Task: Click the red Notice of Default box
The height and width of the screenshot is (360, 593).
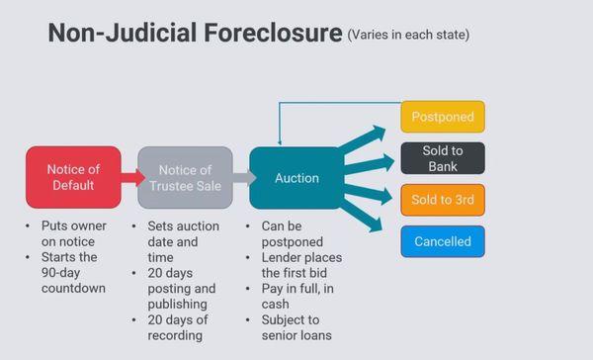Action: coord(73,177)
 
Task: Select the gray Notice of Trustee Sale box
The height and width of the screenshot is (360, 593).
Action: coord(185,177)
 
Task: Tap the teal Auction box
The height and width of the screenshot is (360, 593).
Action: coord(296,178)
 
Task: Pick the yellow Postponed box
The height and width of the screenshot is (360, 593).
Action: coord(443,117)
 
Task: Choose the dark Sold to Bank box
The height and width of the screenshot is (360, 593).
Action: coord(443,158)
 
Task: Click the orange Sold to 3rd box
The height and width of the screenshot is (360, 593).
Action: coord(443,200)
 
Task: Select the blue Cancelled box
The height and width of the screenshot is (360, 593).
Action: coord(443,241)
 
